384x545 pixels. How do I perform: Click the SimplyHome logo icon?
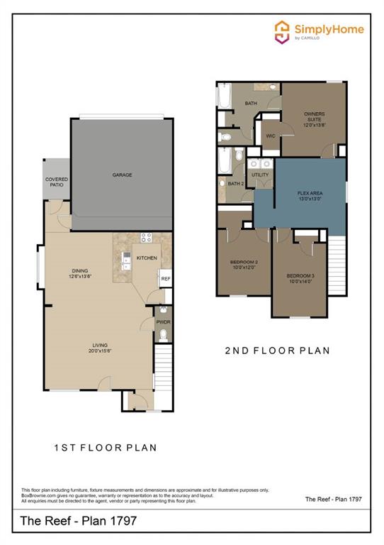283,31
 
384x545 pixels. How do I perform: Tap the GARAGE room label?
123,175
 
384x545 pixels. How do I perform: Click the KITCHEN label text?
147,258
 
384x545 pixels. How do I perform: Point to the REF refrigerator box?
165,279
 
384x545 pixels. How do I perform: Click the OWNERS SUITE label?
315,117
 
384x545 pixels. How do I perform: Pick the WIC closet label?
270,135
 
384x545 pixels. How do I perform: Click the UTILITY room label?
260,174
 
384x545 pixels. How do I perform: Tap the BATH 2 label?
235,184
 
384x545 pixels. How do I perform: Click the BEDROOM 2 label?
243,265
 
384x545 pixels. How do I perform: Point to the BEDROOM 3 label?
300,277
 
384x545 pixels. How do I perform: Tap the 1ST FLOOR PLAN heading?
106,448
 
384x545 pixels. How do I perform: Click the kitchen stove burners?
147,238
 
